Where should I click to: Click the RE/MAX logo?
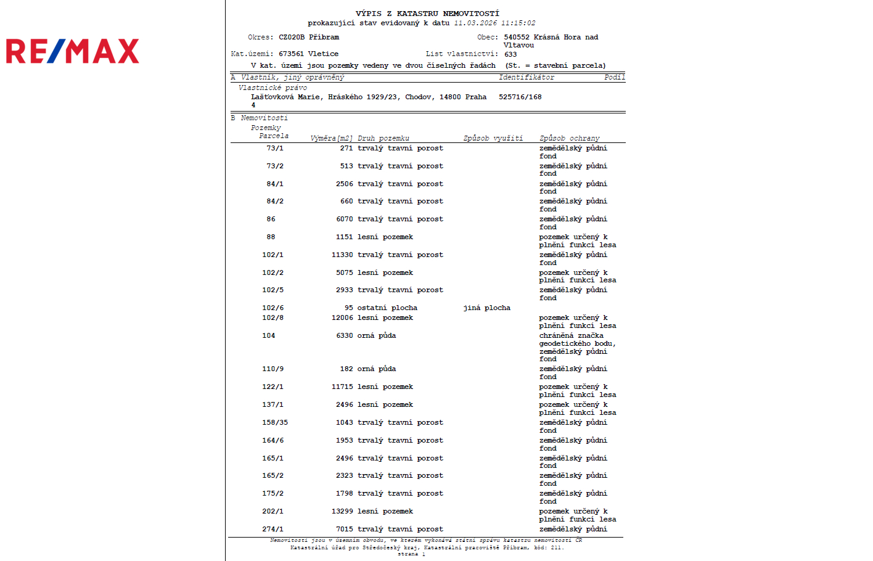pyautogui.click(x=73, y=51)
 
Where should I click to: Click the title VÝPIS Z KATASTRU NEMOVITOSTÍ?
pyautogui.click(x=427, y=14)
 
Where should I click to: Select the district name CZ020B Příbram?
pyautogui.click(x=309, y=38)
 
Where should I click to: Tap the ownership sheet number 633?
pyautogui.click(x=510, y=54)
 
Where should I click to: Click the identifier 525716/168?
pyautogui.click(x=520, y=97)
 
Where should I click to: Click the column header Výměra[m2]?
pyautogui.click(x=331, y=138)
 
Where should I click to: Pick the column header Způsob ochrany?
pyautogui.click(x=569, y=138)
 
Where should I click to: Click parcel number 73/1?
pyautogui.click(x=275, y=149)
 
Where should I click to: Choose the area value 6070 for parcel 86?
pyautogui.click(x=345, y=219)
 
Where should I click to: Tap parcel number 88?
pyautogui.click(x=271, y=237)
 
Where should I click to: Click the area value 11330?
pyautogui.click(x=342, y=255)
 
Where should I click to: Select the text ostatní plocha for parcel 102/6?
pyautogui.click(x=387, y=308)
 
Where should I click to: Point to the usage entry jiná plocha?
pyautogui.click(x=486, y=308)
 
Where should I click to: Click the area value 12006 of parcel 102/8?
pyautogui.click(x=342, y=318)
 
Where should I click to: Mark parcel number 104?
pyautogui.click(x=268, y=336)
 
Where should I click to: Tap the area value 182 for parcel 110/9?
pyautogui.click(x=346, y=369)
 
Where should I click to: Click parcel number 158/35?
pyautogui.click(x=275, y=423)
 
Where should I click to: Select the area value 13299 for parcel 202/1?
pyautogui.click(x=342, y=512)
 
